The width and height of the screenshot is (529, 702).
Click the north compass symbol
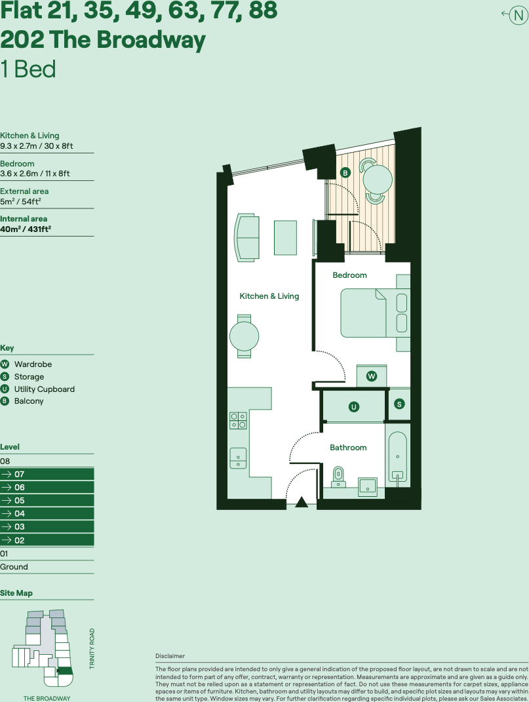[x=518, y=14]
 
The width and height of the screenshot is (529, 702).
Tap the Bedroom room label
[x=349, y=275]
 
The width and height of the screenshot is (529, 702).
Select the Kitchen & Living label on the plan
[x=269, y=296]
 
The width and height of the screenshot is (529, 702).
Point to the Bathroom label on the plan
[x=348, y=447]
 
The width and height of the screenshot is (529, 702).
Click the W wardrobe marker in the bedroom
[x=372, y=376]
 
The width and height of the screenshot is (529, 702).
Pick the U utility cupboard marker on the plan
[x=354, y=407]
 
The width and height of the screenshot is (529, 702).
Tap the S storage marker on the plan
[x=399, y=404]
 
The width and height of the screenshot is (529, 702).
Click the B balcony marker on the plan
[x=345, y=173]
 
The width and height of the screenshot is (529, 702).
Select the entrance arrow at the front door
[x=302, y=503]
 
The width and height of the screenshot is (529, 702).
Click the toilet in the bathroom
[x=338, y=475]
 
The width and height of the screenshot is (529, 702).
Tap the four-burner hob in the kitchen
[x=238, y=420]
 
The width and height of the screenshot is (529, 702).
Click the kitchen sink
[x=238, y=457]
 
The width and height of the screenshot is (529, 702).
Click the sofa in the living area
[x=247, y=237]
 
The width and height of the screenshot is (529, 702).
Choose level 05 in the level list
[x=20, y=500]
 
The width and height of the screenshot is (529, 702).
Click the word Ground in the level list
[x=14, y=567]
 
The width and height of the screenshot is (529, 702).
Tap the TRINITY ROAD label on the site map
[x=92, y=648]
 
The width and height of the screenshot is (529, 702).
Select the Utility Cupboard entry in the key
[x=44, y=389]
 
